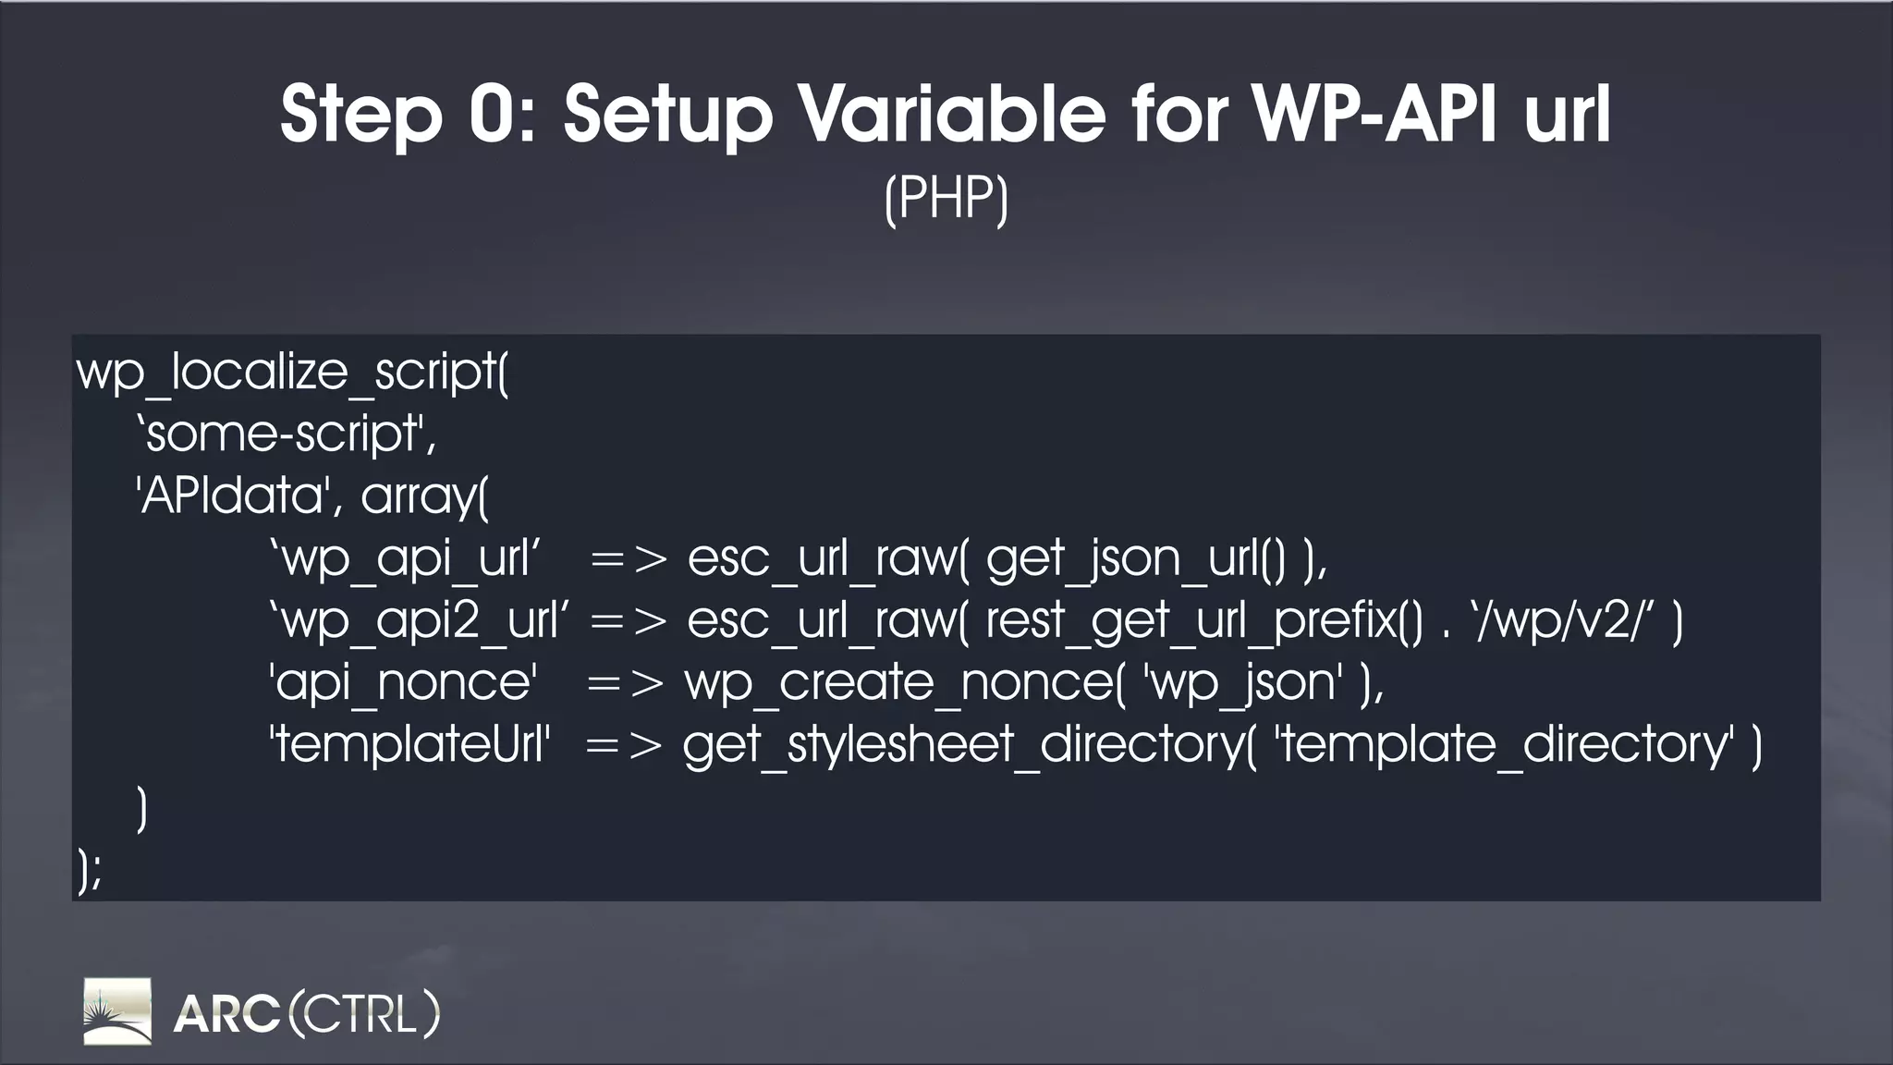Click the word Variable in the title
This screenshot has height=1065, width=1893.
pos(951,115)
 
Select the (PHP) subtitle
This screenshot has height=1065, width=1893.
pos(946,198)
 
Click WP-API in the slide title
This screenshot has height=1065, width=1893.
pos(1374,115)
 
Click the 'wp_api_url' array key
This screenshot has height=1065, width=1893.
pos(404,558)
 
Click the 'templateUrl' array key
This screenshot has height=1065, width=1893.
pos(409,744)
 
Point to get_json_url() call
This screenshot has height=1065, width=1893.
pos(1135,558)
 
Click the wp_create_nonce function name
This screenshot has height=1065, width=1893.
pos(898,682)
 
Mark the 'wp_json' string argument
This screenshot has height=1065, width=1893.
pos(1242,682)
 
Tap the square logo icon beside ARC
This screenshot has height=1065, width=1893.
pos(117,1011)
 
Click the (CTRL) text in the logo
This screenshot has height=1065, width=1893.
pos(364,1013)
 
